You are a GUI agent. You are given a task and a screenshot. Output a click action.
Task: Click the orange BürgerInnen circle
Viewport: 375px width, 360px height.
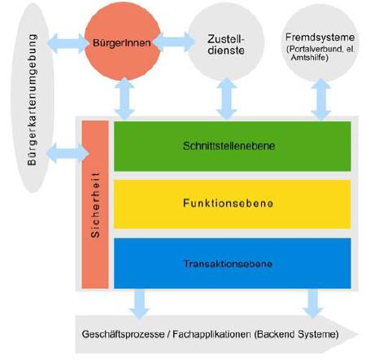122,42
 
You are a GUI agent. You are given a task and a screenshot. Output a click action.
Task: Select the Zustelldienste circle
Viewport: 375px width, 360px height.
226,43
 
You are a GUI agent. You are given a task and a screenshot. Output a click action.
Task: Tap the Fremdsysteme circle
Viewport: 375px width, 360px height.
320,43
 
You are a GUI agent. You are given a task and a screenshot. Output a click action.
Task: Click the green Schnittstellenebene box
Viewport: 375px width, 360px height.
233,146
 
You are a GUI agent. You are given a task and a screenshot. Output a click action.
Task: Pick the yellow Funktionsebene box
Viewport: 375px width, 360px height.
233,204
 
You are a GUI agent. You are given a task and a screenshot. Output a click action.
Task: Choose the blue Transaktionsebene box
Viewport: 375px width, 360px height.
233,263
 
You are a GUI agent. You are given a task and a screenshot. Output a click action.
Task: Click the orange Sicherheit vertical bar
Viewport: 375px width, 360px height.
95,204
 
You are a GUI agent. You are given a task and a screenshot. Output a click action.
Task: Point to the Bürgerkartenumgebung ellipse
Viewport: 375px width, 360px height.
33,99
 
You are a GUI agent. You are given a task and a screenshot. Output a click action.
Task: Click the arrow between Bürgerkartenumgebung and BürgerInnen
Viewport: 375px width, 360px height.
68,43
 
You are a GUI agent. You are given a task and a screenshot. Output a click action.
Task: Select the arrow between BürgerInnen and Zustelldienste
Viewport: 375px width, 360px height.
174,42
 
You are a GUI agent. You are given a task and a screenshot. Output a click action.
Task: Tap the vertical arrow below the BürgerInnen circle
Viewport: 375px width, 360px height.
124,99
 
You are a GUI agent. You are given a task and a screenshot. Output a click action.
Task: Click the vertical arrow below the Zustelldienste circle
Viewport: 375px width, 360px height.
227,99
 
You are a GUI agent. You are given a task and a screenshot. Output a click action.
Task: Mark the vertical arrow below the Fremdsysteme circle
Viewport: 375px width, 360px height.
321,99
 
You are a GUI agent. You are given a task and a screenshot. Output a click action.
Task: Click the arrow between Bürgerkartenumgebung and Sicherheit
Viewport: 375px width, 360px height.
68,153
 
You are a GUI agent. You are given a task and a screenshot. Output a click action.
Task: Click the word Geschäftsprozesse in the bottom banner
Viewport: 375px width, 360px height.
123,334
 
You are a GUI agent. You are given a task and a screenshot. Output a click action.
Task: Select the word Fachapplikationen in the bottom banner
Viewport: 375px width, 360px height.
211,334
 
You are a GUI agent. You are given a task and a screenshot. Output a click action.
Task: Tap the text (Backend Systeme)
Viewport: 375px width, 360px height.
297,334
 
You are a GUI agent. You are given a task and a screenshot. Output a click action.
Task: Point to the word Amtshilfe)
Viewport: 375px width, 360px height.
309,57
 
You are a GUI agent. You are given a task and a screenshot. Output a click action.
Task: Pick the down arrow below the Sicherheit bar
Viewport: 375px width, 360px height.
139,304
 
